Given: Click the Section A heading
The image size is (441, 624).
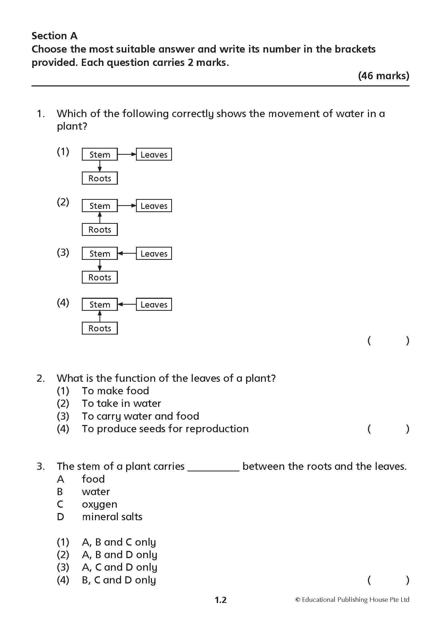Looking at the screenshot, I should (55, 35).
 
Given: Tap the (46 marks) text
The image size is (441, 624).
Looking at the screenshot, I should (383, 75).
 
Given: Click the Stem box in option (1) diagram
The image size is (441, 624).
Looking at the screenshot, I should (100, 154).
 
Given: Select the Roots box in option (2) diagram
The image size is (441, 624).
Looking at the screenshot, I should (100, 229).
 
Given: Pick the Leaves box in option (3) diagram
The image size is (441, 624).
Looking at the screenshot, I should (154, 253).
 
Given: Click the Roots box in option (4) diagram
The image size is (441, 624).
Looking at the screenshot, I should (100, 328).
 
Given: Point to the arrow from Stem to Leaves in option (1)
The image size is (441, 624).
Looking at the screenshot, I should (127, 154).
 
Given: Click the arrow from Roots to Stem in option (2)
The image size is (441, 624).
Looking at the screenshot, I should (100, 217).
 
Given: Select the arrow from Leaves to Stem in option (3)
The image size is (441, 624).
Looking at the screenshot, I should (127, 253).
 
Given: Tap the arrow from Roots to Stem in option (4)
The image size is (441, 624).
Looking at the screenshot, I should (100, 316).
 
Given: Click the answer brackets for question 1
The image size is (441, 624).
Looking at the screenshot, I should (388, 340).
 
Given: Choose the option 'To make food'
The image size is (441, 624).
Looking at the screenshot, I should (115, 391).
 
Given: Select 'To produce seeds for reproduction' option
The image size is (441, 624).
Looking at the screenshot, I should (165, 429).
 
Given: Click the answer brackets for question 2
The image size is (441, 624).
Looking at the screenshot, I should (388, 429).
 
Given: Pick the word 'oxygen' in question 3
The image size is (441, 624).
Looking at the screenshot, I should (99, 504).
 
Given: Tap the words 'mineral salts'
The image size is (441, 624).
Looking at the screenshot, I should (112, 517).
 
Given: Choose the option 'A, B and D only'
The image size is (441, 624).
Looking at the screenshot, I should (119, 554).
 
